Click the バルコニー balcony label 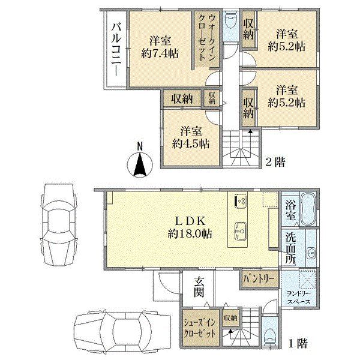(x=116, y=50)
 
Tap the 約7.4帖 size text (x=160, y=54)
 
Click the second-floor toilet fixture (x=230, y=22)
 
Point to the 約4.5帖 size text (x=191, y=144)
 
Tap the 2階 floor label (x=275, y=163)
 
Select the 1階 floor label (x=298, y=344)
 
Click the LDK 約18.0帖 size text (x=190, y=234)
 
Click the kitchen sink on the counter (x=240, y=231)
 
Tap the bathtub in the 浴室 (x=308, y=209)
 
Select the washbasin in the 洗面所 (x=311, y=253)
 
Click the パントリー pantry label (x=259, y=279)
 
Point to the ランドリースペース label (x=299, y=298)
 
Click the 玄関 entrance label (x=199, y=287)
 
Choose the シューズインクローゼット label (x=200, y=328)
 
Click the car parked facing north (x=59, y=225)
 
